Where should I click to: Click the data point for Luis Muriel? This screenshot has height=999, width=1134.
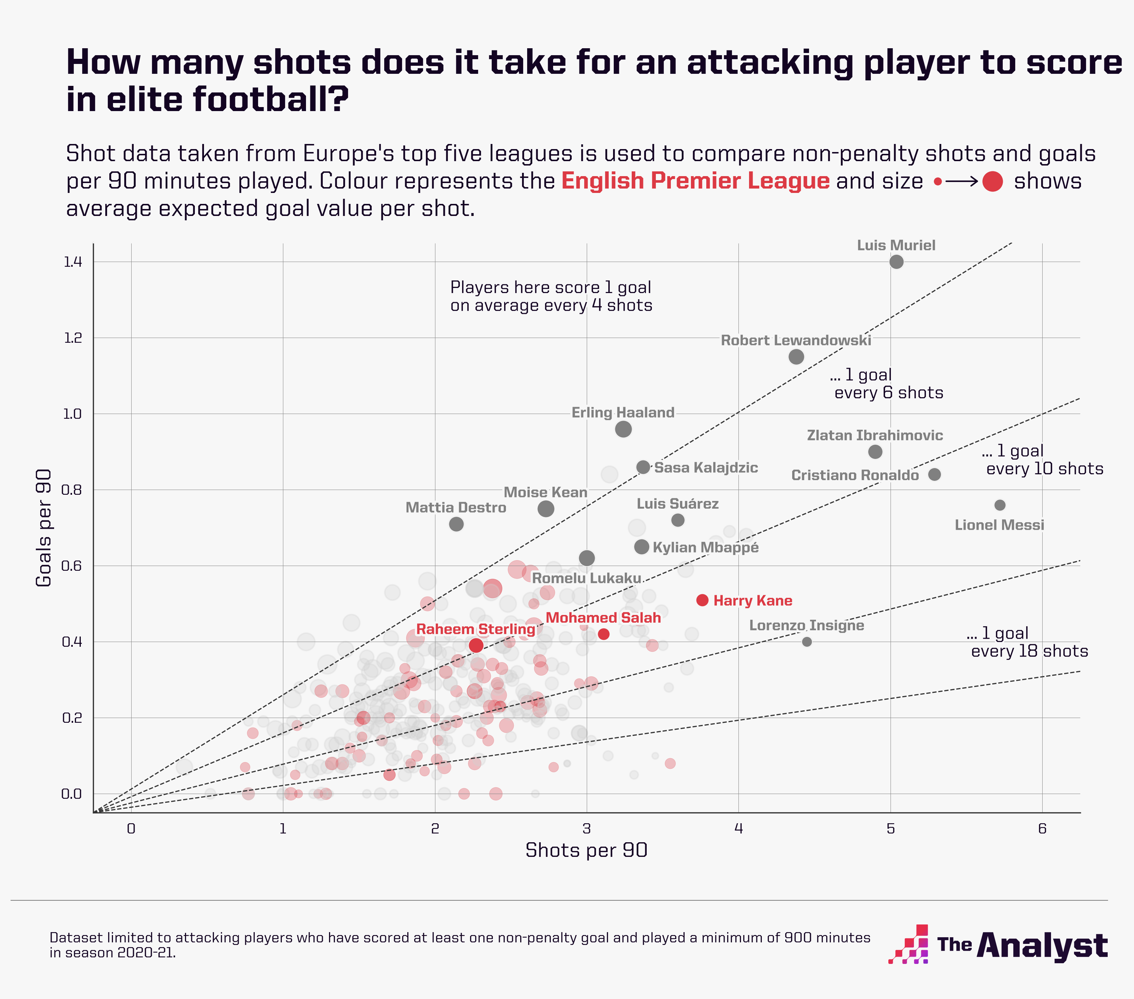(896, 262)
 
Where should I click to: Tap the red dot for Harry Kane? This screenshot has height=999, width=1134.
(702, 600)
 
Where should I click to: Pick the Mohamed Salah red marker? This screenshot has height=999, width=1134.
(604, 634)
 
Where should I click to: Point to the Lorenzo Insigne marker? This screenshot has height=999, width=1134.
(807, 641)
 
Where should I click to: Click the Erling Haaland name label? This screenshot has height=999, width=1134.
(623, 413)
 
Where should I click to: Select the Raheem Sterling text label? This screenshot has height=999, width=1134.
(476, 629)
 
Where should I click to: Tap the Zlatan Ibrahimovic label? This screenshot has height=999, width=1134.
(874, 435)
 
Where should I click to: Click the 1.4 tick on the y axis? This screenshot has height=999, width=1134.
(73, 262)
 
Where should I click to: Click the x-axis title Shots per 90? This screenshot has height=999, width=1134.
(586, 850)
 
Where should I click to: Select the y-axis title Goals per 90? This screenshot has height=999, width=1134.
(44, 527)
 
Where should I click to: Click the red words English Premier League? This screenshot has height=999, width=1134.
(695, 181)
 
